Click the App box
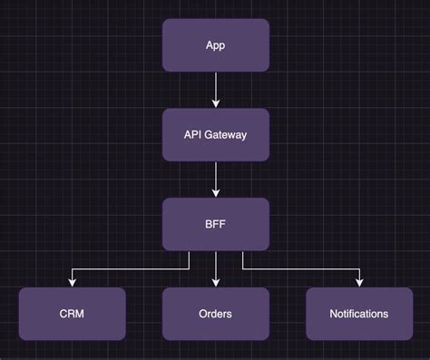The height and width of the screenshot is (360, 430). point(216,44)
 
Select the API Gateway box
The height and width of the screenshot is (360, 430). point(216,134)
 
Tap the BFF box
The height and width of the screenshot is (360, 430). point(216,224)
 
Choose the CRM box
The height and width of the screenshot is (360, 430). point(72,314)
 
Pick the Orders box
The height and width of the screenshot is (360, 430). point(216,314)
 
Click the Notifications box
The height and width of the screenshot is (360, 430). point(359,314)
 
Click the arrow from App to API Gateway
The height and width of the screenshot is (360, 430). point(216,89)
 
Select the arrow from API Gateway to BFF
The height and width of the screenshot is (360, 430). point(216,179)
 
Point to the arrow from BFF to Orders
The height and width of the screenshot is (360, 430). point(216,267)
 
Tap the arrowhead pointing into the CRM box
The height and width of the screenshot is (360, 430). point(72,283)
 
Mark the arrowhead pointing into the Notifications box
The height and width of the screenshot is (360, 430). point(359,283)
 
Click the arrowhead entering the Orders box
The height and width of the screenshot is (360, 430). point(216,283)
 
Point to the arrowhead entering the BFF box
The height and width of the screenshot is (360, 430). point(216,193)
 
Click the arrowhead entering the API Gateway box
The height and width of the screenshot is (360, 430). point(216,103)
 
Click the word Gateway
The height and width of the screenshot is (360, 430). point(226,134)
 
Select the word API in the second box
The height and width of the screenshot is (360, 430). point(193,134)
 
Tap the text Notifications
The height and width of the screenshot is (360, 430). point(359,314)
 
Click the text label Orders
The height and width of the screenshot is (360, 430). point(216,314)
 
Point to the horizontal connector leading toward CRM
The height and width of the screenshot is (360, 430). point(127,268)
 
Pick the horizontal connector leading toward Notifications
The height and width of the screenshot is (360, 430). point(304,268)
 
